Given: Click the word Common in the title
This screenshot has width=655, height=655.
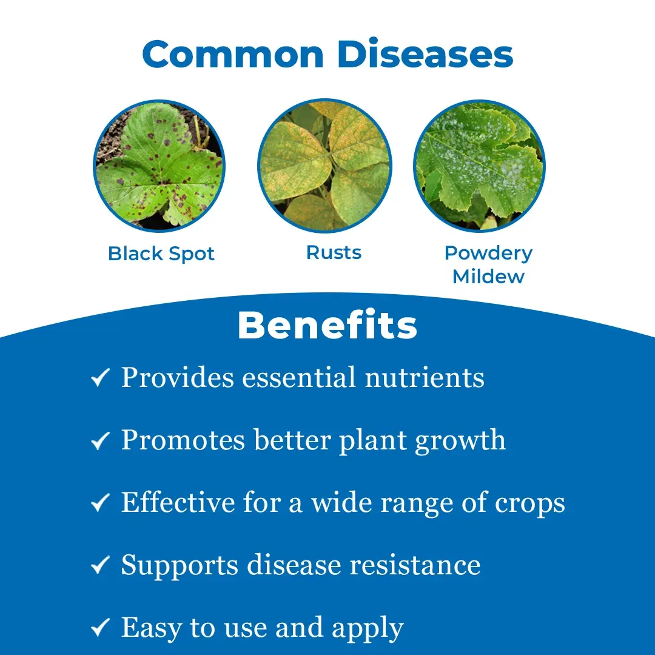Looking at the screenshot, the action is click(x=233, y=54).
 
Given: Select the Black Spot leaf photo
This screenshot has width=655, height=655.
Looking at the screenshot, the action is click(x=159, y=166).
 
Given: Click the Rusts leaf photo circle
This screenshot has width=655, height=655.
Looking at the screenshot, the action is click(x=324, y=166).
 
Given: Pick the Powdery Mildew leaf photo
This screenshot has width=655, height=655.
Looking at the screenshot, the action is click(x=479, y=166).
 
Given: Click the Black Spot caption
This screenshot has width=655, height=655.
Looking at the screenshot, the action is click(x=161, y=254).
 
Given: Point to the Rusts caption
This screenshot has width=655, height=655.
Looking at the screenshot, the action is click(x=334, y=252).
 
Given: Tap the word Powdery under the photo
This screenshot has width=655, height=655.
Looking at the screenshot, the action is click(x=488, y=253).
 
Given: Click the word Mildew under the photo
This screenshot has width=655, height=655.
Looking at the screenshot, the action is click(x=488, y=277).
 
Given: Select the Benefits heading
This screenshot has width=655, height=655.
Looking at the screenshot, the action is click(x=327, y=326).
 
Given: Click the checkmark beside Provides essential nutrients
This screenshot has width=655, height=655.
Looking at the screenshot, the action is click(x=100, y=377).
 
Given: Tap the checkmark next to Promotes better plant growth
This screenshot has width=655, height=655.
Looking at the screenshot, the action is click(x=100, y=440).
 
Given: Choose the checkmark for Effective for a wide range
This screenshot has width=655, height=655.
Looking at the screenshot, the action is click(x=100, y=503).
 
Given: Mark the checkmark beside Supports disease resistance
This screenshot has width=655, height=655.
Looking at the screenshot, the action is click(x=100, y=565).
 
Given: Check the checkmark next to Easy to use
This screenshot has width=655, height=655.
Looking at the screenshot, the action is click(x=100, y=627).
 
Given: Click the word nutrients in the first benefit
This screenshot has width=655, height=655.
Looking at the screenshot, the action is click(x=425, y=378).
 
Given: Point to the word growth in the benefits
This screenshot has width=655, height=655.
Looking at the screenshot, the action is click(x=460, y=441).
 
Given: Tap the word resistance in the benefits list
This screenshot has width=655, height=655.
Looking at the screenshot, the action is click(x=415, y=565).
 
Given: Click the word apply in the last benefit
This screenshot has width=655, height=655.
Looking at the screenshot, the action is click(x=368, y=629).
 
